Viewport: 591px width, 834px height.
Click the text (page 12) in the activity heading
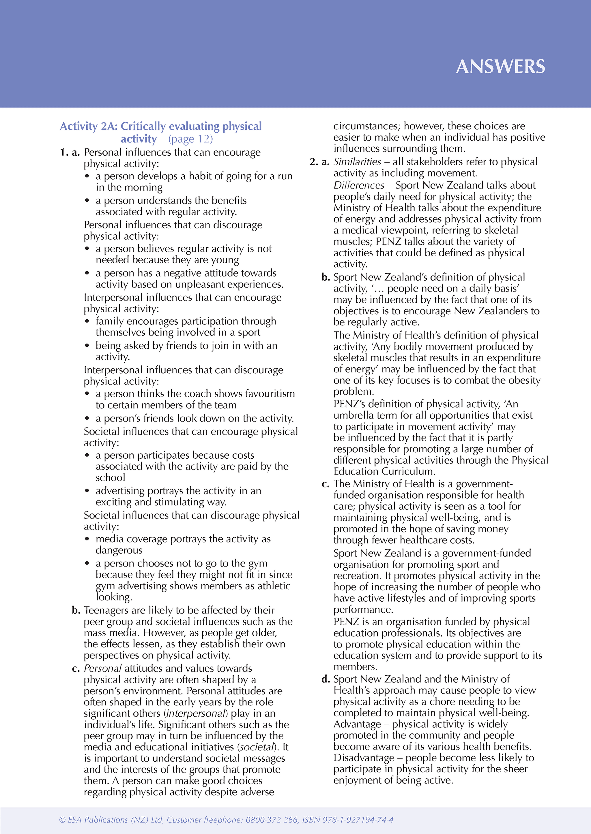pyautogui.click(x=190, y=139)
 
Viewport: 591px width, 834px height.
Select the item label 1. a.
pyautogui.click(x=70, y=152)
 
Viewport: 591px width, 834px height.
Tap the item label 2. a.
pyautogui.click(x=319, y=162)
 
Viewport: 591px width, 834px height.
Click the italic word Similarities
pyautogui.click(x=357, y=162)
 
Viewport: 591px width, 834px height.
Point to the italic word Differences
pyautogui.click(x=359, y=185)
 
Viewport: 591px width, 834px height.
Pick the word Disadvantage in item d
pyautogui.click(x=364, y=758)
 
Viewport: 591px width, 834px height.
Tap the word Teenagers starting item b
pyautogui.click(x=106, y=610)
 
